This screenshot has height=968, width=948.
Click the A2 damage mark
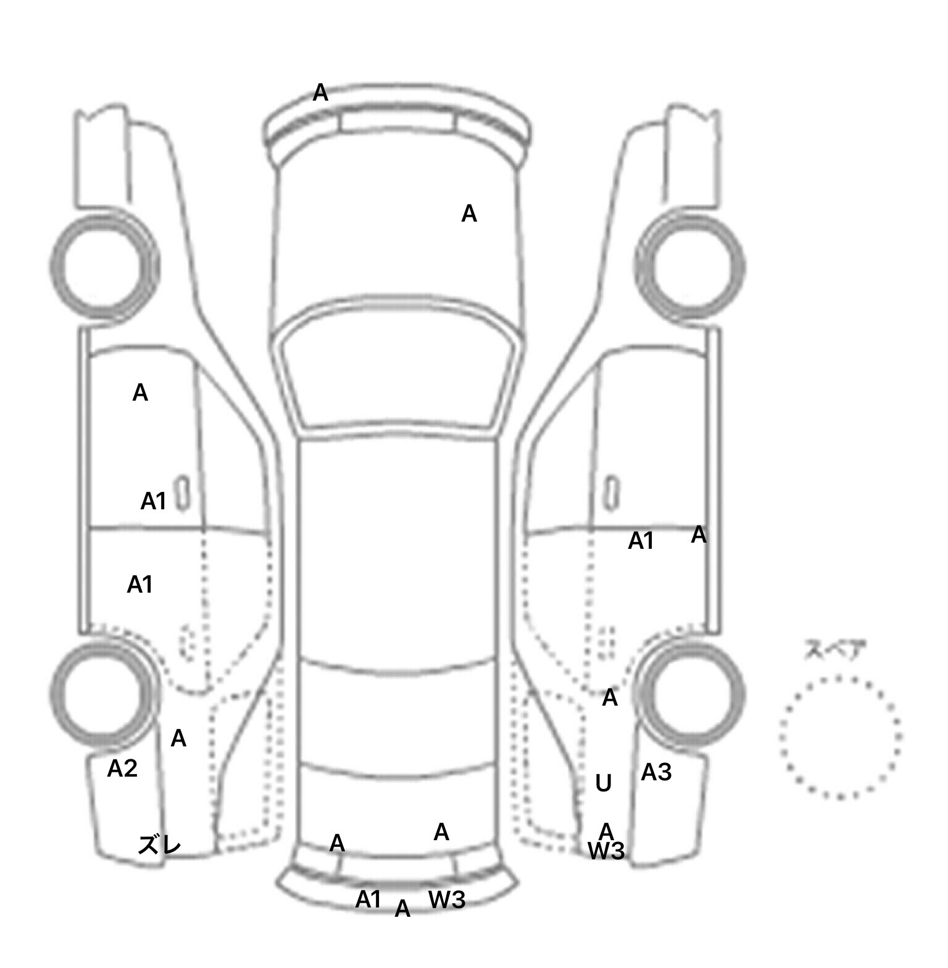[122, 769]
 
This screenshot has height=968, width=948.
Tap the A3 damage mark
[656, 772]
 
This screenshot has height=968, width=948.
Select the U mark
[603, 783]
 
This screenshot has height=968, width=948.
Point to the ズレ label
[160, 845]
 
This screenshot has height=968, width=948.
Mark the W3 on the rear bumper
[447, 900]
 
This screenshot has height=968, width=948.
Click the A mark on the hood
[469, 214]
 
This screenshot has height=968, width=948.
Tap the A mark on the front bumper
[320, 93]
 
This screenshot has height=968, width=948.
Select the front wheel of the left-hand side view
[104, 265]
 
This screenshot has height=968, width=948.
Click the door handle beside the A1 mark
[182, 493]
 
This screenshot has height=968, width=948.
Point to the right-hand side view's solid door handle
[611, 493]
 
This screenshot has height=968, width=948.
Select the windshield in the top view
[398, 370]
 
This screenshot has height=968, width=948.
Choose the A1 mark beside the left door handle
[154, 501]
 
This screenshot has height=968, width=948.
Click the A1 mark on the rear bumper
[368, 899]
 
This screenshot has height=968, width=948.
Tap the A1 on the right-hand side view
[641, 541]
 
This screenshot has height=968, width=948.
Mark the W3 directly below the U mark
[606, 851]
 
